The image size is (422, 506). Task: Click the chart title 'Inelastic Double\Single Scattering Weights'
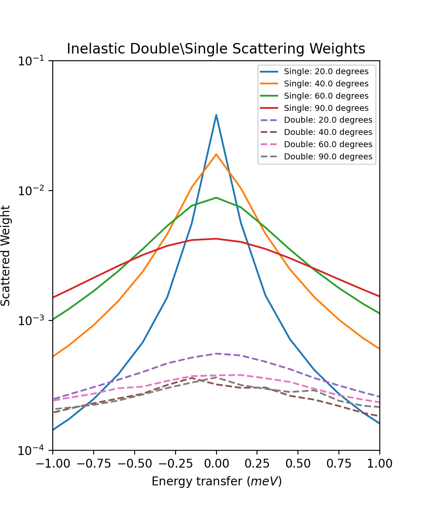tap(216, 49)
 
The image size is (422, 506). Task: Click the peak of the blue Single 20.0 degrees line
tap(216, 115)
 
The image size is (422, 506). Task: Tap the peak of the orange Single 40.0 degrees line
tap(216, 154)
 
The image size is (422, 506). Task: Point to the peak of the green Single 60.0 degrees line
tap(216, 197)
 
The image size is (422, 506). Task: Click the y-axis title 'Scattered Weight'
tap(6, 256)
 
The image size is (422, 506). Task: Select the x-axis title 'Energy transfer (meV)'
tap(216, 482)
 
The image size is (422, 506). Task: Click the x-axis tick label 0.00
tap(216, 464)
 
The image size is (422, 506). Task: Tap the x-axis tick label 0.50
tap(298, 464)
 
